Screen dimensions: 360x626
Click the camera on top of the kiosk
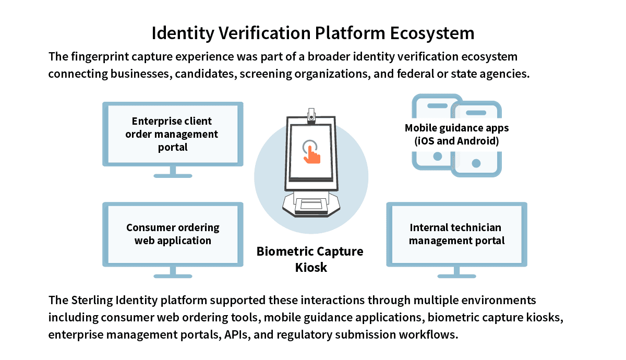click(311, 115)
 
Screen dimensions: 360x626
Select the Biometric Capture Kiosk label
click(310, 259)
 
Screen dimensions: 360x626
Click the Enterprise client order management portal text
click(172, 134)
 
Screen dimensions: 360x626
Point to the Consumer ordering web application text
click(173, 234)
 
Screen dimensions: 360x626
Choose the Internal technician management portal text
click(456, 234)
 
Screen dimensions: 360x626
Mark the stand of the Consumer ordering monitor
click(173, 272)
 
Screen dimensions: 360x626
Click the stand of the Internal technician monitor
click(456, 272)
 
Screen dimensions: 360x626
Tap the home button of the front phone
click(476, 163)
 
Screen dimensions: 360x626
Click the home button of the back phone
click(437, 156)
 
